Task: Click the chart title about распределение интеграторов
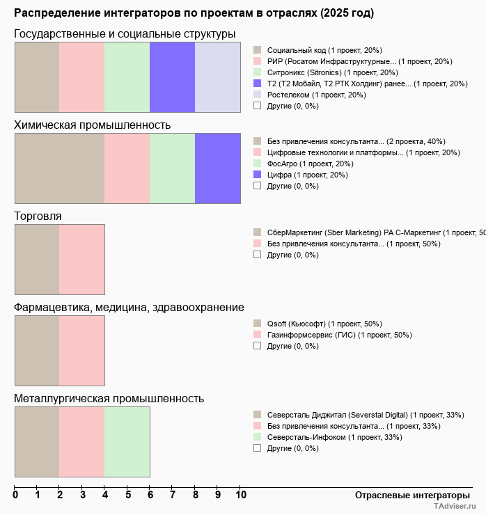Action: [x=194, y=13]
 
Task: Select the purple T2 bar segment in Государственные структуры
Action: [x=172, y=77]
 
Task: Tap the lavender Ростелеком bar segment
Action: [x=217, y=77]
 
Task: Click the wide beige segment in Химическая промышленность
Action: [x=59, y=168]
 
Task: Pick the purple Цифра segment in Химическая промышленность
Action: [x=217, y=168]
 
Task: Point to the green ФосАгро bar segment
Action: [x=172, y=168]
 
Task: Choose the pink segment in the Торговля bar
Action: [x=81, y=259]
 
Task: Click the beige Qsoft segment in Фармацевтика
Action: [x=37, y=350]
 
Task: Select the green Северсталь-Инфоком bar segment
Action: [x=127, y=441]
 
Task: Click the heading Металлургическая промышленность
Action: [x=109, y=398]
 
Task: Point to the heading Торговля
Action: [x=38, y=216]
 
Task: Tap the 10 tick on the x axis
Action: [x=241, y=495]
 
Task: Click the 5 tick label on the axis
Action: [x=128, y=495]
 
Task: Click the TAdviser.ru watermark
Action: [x=455, y=507]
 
